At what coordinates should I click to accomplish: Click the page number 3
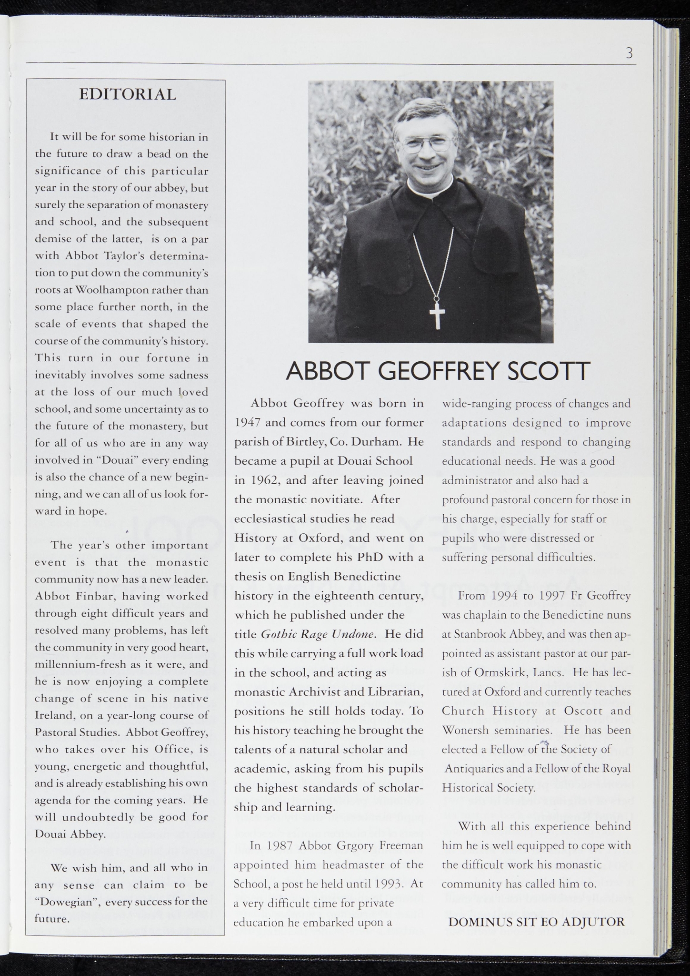(x=629, y=53)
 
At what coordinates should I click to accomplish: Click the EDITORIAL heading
(x=127, y=94)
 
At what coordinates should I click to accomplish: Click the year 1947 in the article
(x=247, y=423)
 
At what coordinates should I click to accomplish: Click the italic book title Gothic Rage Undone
(x=319, y=634)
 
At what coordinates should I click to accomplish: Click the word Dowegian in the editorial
(x=66, y=902)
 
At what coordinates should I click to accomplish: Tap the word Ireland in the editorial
(x=52, y=715)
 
